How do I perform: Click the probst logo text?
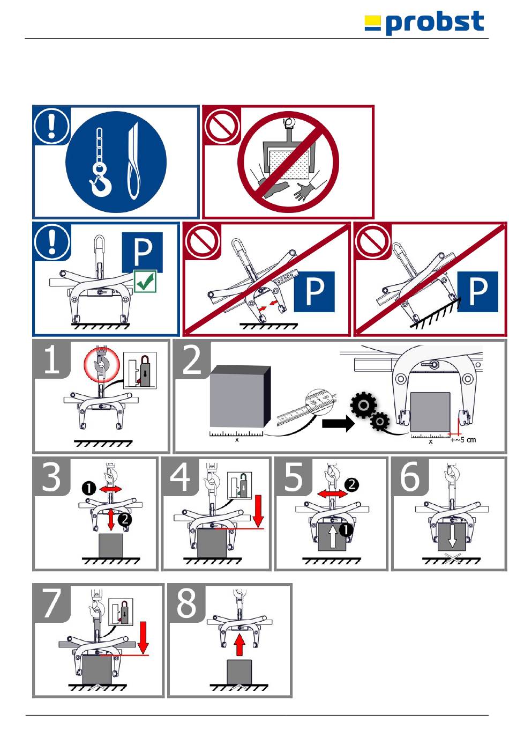(435, 23)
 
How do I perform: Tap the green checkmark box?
(145, 281)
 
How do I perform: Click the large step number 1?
(51, 359)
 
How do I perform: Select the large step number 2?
(192, 359)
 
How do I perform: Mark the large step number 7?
(51, 603)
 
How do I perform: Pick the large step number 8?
(186, 603)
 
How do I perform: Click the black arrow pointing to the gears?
(338, 424)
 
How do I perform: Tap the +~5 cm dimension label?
(463, 440)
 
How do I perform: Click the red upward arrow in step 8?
(239, 645)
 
